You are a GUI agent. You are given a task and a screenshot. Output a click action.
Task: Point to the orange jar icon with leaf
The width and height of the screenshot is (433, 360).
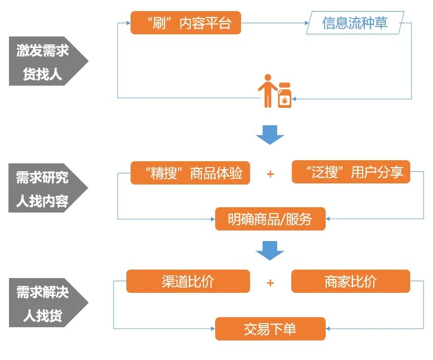point(284,96)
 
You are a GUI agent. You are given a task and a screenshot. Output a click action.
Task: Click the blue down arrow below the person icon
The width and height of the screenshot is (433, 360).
point(270,135)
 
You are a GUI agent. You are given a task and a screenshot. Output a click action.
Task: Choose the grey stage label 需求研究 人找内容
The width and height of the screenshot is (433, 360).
point(42,188)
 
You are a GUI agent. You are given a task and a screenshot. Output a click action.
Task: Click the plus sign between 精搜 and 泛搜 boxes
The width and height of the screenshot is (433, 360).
point(270,174)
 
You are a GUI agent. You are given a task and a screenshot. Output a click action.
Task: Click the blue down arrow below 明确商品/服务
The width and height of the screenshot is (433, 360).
point(270,251)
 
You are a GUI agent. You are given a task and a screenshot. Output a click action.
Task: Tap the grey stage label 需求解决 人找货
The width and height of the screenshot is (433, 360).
point(42,303)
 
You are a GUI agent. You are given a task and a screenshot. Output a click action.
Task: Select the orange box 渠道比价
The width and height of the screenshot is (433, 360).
point(188,281)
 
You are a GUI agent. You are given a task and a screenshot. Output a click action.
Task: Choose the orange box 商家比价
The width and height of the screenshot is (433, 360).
point(351,281)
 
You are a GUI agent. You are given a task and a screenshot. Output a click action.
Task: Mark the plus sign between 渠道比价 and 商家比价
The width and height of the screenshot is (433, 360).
point(270,282)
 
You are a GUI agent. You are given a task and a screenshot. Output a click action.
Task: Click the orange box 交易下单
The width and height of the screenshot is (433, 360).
point(270,329)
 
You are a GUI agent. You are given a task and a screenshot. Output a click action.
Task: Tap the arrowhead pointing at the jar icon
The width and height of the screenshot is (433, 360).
point(295,98)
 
